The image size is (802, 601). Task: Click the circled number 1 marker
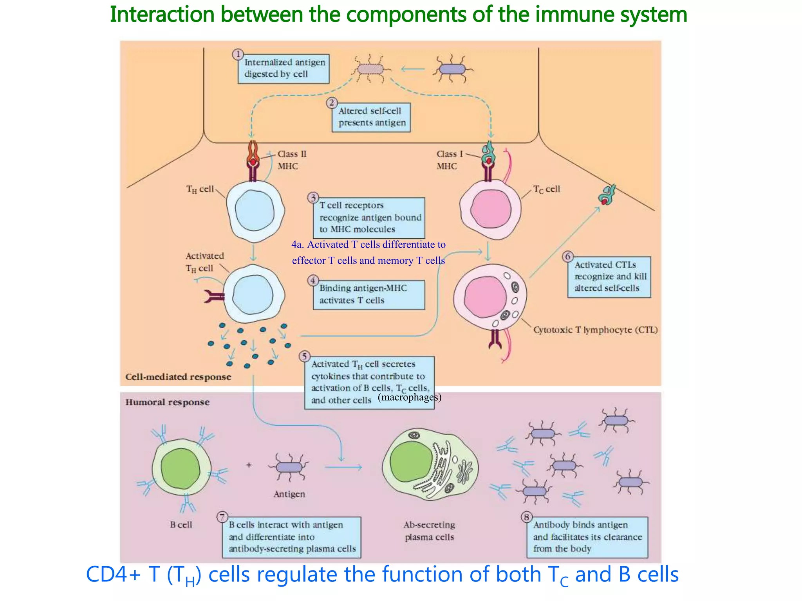tap(238, 54)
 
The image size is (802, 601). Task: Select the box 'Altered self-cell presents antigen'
tap(371, 117)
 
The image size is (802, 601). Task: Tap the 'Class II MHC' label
tap(292, 160)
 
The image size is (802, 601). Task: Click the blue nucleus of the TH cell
tap(255, 211)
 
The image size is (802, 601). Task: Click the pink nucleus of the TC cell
tap(491, 210)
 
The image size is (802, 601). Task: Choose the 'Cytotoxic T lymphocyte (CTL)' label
tap(595, 330)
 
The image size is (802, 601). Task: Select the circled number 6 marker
tap(568, 257)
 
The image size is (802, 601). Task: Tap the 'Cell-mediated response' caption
tap(178, 377)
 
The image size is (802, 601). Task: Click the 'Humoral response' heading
tap(167, 402)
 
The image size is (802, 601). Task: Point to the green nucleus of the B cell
tap(181, 468)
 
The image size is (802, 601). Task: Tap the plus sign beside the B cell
tap(249, 465)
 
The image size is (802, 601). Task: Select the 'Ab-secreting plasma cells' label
tap(429, 531)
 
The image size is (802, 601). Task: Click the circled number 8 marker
tap(527, 517)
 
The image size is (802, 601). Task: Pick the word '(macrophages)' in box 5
tap(409, 398)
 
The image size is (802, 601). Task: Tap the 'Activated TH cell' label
tap(204, 262)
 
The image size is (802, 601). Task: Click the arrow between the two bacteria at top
tap(413, 69)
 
